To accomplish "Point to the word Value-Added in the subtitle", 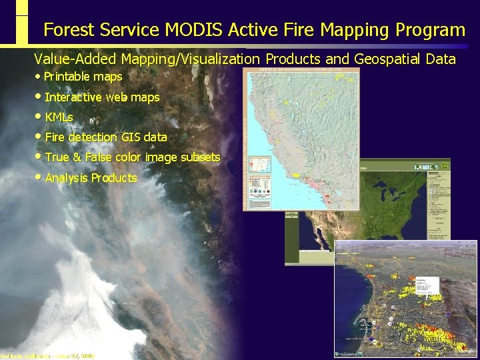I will (x=74, y=59).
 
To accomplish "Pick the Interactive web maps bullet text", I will (x=102, y=97).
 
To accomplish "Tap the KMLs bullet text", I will (x=59, y=117).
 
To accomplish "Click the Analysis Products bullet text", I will (x=91, y=178).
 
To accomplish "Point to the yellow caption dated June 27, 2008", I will (x=47, y=356).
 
